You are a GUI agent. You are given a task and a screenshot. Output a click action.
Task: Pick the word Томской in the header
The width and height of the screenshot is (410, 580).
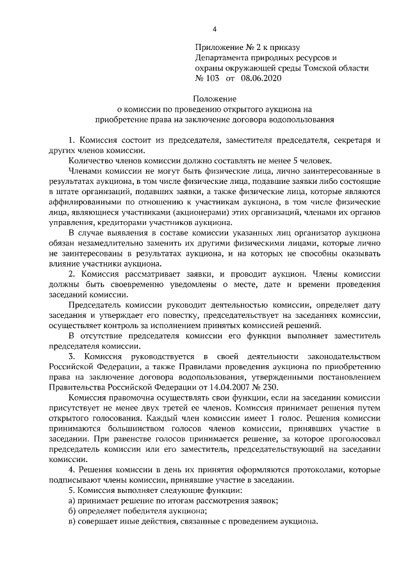coord(312,67)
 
